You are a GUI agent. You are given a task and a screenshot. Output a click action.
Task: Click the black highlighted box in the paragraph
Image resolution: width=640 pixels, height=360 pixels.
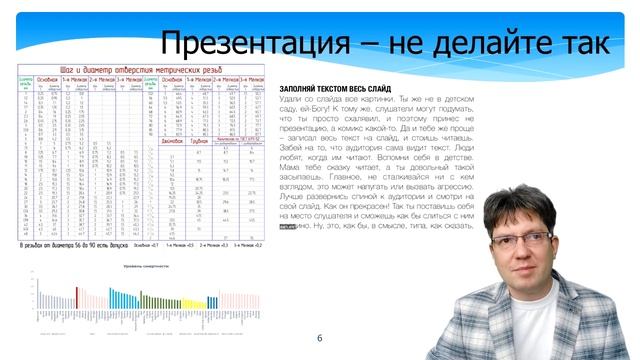(x=287, y=226)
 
